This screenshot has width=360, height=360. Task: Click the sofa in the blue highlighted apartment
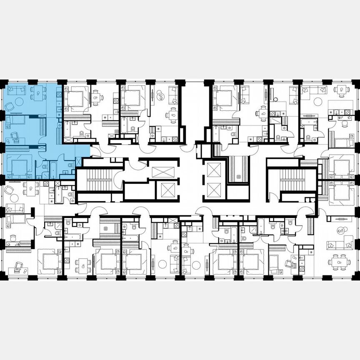17,90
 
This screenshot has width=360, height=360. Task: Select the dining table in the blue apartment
38,92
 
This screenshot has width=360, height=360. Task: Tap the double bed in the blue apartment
19,168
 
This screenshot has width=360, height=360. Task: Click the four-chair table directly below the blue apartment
28,188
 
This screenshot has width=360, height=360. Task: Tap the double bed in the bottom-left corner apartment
49,261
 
